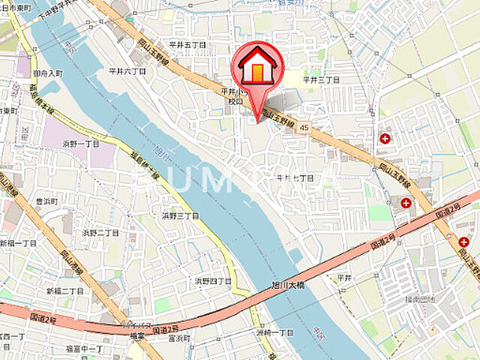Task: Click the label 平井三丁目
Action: point(322,79)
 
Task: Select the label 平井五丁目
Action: point(186,45)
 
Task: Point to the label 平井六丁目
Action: point(127,71)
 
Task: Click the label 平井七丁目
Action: point(295,178)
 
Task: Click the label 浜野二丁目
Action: point(100,233)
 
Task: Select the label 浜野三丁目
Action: point(180,215)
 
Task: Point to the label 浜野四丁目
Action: point(213,281)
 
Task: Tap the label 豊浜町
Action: point(46,201)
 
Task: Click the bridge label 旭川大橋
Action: point(287,285)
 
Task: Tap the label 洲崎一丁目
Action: point(274,332)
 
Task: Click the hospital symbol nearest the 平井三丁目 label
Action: point(385,138)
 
